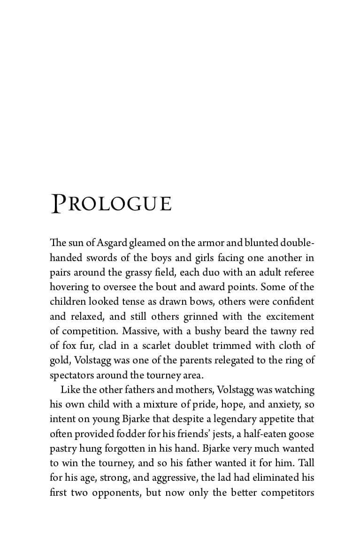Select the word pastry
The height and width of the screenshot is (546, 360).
pos(63,448)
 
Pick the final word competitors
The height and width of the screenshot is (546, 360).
pos(287,492)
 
